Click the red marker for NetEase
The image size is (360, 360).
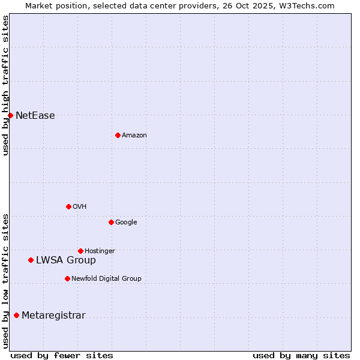pos(10,115)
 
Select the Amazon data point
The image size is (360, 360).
pos(118,135)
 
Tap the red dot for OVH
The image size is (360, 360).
pos(68,206)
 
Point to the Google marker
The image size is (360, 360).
pos(111,222)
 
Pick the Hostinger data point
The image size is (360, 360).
pos(80,251)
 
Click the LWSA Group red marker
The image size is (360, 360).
pos(31,260)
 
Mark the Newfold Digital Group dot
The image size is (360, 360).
pos(67,278)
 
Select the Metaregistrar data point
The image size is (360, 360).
pos(16,315)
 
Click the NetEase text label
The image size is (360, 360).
pos(35,116)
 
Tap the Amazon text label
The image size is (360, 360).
pos(134,136)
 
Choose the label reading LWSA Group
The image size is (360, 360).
pos(65,260)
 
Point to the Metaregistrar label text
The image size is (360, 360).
pos(53,316)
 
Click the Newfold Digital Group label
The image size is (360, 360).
pos(106,278)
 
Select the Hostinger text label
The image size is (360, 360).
pos(100,251)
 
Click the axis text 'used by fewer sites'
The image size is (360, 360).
pos(62,355)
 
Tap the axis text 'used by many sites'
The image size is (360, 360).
pos(301,355)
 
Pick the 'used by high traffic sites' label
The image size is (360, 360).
pos(5,85)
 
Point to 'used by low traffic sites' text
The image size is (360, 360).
pos(5,281)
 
